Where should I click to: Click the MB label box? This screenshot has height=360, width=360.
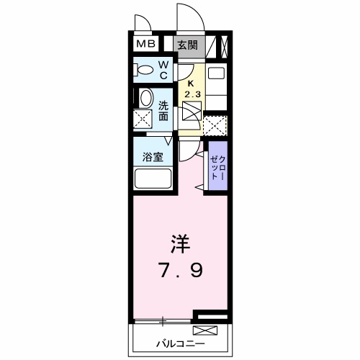click(146, 45)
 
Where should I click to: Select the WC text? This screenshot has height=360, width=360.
click(163, 70)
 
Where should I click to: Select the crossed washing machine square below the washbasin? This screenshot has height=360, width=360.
click(143, 120)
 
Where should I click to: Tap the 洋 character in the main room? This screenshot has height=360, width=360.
click(180, 243)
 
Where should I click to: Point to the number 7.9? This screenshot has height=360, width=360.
click(181, 271)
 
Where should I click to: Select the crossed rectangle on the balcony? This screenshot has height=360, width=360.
click(204, 331)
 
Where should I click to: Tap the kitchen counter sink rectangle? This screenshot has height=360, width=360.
click(217, 74)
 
